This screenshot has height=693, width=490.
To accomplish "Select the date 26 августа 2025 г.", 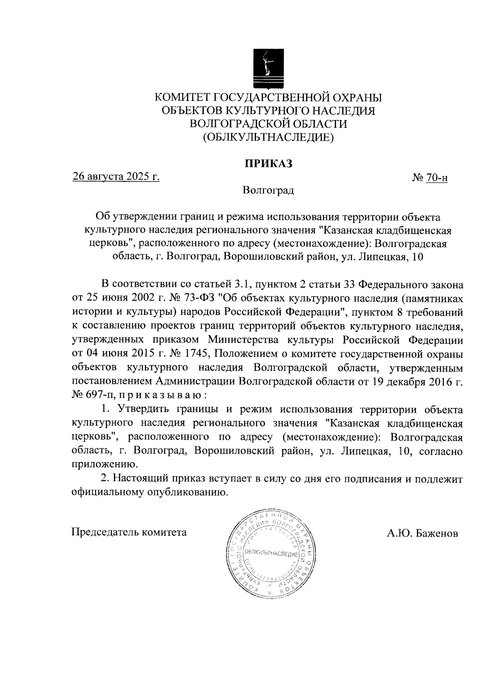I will [x=116, y=177].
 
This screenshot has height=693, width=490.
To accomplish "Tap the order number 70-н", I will [x=437, y=178].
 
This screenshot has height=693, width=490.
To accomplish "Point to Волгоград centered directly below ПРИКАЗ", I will [x=268, y=190].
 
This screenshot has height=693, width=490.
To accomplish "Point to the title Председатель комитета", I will [x=129, y=532].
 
